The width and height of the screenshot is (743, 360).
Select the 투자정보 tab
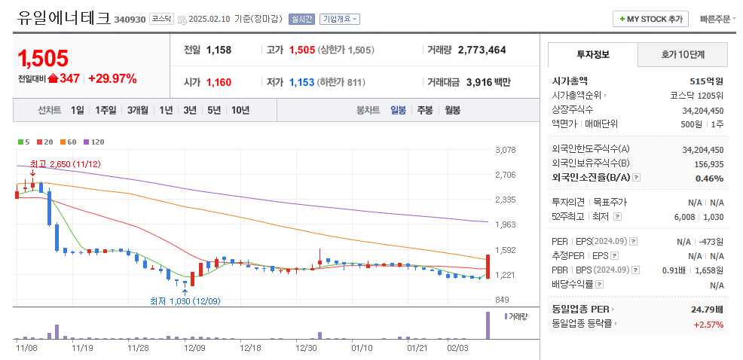[593, 55]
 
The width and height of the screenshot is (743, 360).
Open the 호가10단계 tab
[683, 55]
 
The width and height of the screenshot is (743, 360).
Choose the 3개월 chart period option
[138, 110]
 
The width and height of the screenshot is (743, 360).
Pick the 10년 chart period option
[240, 110]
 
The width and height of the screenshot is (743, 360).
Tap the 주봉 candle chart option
[424, 110]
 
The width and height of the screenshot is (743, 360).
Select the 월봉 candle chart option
[452, 110]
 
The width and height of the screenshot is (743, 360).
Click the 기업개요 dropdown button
[340, 19]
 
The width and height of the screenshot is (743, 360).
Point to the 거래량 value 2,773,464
[482, 50]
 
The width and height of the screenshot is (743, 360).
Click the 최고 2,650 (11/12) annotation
[66, 163]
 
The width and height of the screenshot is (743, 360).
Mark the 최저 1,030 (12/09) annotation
[185, 301]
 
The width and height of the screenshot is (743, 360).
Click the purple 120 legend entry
[93, 142]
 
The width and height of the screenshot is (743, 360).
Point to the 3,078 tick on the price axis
[505, 150]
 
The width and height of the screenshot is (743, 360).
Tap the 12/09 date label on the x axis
[194, 348]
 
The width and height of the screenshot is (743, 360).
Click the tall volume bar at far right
[487, 325]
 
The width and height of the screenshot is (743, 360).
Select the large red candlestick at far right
[488, 267]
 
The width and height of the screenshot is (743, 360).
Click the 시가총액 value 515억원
[706, 81]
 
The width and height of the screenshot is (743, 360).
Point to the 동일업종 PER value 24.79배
[708, 309]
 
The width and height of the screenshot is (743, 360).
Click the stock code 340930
[130, 20]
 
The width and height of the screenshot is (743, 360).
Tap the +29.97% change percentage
[112, 78]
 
